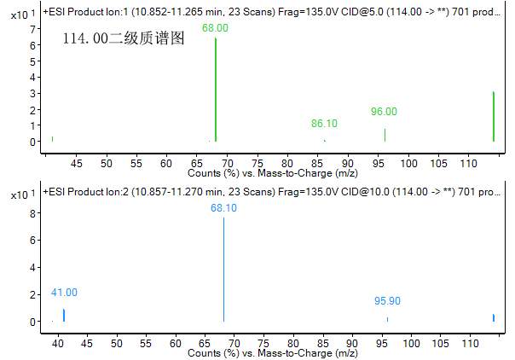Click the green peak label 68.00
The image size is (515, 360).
(x=215, y=28)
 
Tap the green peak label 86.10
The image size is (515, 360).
(x=324, y=124)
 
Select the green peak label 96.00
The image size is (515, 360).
(x=384, y=112)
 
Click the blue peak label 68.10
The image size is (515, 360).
(x=223, y=207)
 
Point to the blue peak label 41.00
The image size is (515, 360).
(x=64, y=293)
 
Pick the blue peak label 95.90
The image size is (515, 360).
(x=387, y=301)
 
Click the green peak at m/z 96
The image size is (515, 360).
(x=385, y=135)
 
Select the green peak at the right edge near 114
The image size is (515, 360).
(x=494, y=116)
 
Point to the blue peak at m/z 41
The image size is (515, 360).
(x=64, y=315)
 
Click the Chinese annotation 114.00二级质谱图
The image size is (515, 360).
(x=123, y=39)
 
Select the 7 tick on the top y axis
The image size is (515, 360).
(x=32, y=29)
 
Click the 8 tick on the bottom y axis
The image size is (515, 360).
(x=32, y=214)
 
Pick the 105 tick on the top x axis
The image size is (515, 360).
(x=438, y=162)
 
